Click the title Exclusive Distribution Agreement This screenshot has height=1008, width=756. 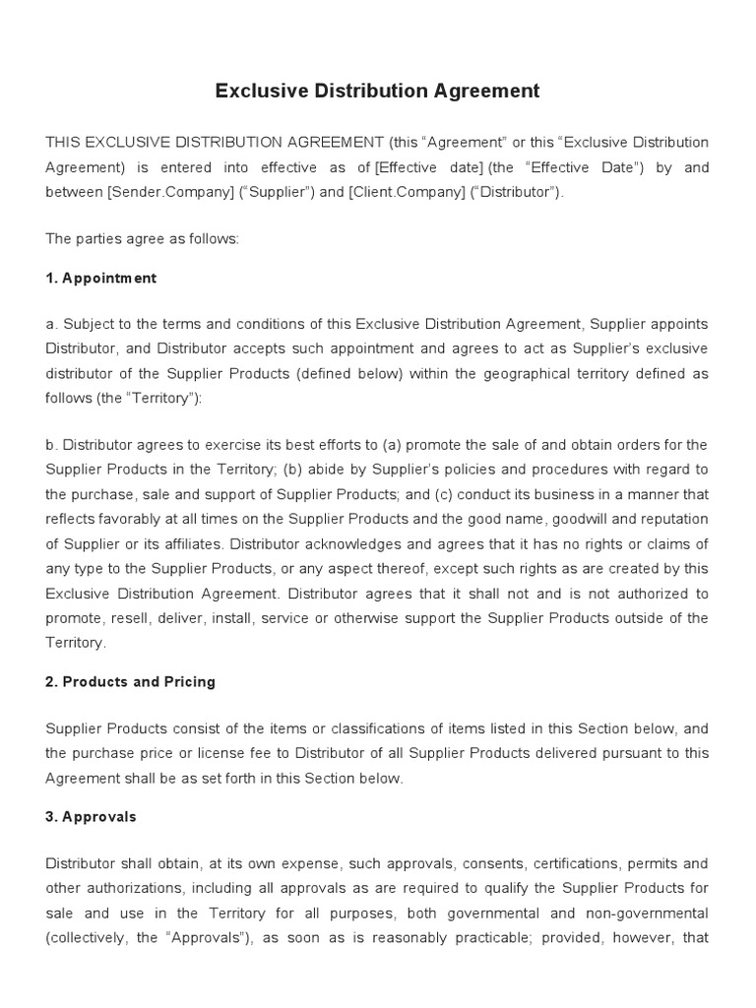point(378,92)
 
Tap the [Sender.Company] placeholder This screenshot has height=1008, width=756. point(166,192)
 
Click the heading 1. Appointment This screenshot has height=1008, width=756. point(100,279)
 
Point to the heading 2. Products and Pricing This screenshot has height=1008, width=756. point(130,681)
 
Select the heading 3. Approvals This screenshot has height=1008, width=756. point(91,817)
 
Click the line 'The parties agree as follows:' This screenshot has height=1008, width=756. point(142,239)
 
